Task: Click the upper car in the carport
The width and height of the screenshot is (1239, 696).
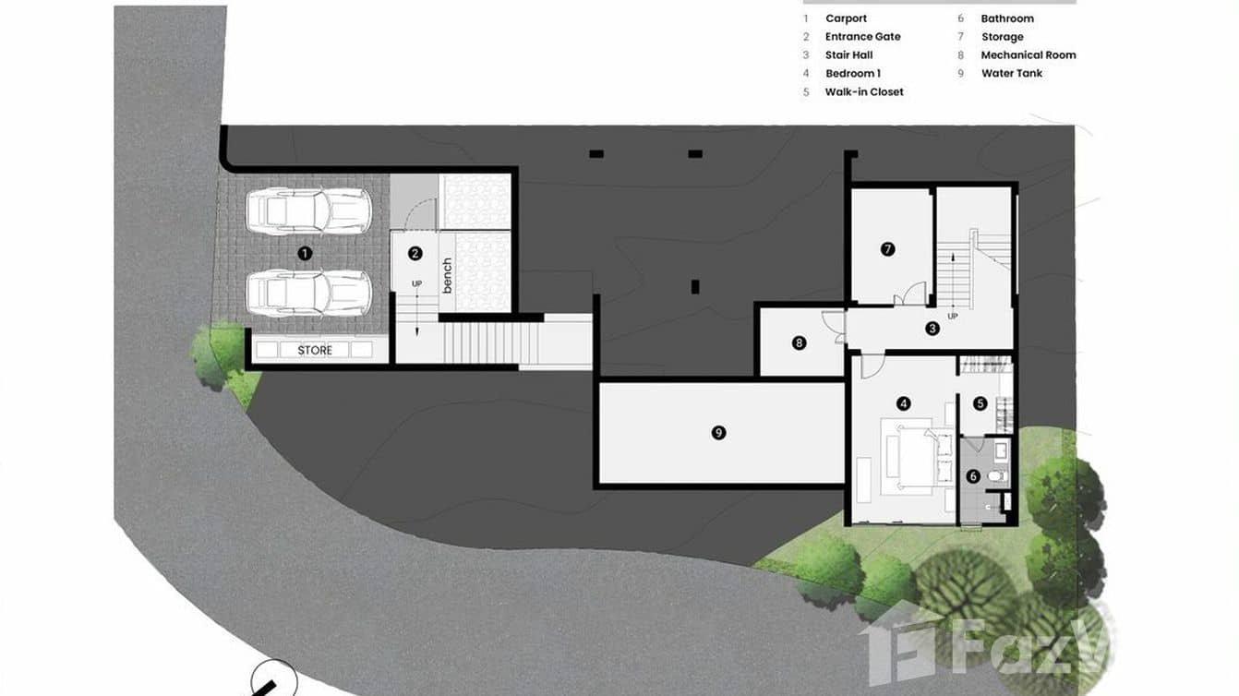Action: click(x=308, y=211)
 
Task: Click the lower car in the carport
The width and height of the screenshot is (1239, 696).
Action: click(x=308, y=293)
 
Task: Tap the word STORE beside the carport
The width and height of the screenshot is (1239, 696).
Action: click(x=315, y=351)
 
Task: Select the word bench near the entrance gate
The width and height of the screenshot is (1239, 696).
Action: click(x=448, y=275)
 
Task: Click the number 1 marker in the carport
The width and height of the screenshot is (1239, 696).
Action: click(x=306, y=252)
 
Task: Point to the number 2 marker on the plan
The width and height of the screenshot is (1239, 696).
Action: click(x=415, y=253)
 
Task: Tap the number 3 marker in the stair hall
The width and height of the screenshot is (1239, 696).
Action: click(x=932, y=328)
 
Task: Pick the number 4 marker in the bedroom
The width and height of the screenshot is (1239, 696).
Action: click(x=904, y=403)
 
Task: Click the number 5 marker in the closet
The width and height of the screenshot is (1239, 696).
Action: click(x=980, y=403)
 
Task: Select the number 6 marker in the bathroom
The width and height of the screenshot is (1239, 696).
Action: click(x=972, y=476)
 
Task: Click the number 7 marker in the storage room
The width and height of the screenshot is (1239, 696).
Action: click(x=888, y=248)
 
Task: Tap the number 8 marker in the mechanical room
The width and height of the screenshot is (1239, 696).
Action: click(x=800, y=343)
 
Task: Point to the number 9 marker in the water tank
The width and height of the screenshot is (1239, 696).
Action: click(x=719, y=432)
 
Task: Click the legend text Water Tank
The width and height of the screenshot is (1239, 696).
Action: click(x=1011, y=74)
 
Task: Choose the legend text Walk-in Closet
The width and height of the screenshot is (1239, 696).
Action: click(x=864, y=92)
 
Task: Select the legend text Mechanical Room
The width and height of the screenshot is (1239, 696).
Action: click(x=1028, y=55)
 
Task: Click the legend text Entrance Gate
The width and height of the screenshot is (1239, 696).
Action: click(x=862, y=37)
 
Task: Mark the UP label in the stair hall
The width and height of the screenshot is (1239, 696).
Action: click(x=953, y=316)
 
